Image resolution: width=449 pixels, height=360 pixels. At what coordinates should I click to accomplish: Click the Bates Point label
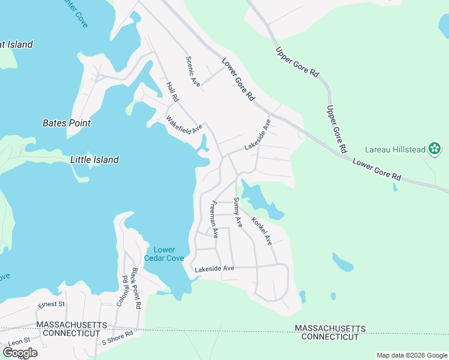(67, 123)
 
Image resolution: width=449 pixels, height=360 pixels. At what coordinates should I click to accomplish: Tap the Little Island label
(94, 160)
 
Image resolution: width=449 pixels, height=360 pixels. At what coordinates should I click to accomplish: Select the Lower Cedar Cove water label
(164, 254)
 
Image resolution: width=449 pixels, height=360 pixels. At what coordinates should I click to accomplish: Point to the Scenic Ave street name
(193, 72)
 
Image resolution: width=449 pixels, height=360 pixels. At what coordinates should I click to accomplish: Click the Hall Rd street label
(173, 91)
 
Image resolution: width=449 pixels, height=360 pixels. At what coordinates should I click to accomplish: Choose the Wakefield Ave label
(185, 125)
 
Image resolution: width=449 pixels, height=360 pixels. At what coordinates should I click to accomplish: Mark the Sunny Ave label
(238, 212)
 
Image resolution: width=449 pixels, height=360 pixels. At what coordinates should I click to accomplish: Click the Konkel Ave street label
(262, 231)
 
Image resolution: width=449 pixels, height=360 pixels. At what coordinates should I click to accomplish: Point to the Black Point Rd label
(136, 289)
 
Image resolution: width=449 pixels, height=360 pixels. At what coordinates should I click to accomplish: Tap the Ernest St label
(51, 305)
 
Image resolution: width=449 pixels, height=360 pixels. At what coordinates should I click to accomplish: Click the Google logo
(20, 352)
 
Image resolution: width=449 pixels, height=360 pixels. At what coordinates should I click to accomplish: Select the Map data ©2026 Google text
(412, 355)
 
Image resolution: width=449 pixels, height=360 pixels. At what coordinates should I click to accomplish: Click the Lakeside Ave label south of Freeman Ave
(214, 269)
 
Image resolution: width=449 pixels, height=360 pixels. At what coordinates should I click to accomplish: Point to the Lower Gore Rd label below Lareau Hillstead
(376, 169)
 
